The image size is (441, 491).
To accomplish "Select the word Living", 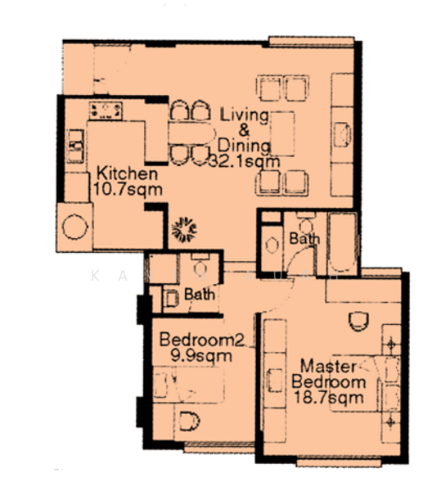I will (x=243, y=114).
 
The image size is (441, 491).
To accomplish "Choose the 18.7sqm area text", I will (x=329, y=399).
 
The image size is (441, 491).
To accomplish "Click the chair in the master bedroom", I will (x=358, y=322).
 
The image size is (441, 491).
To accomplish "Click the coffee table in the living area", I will (x=282, y=133).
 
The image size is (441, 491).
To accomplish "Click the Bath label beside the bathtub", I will (x=304, y=239).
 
